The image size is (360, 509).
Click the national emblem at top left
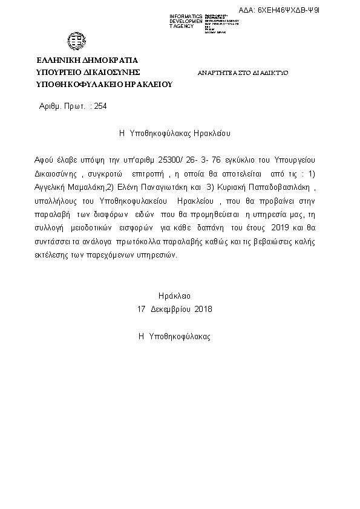coord(77,41)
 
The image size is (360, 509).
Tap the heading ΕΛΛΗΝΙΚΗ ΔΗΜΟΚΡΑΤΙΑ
coord(88,60)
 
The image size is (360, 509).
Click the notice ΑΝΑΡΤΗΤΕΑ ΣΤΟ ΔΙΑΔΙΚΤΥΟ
coord(243,73)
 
